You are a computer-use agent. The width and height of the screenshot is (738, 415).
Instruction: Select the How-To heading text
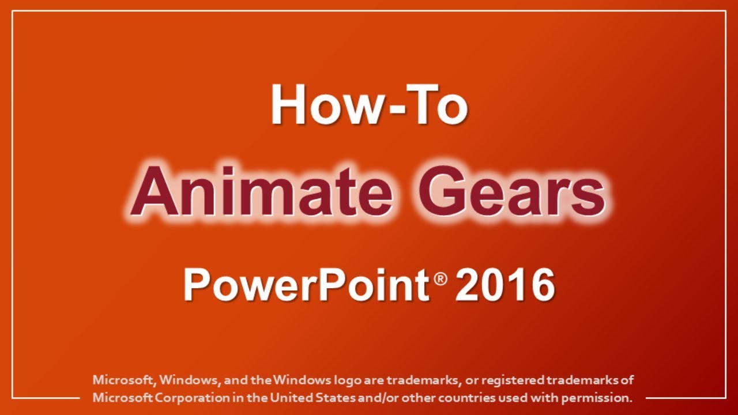tap(369, 104)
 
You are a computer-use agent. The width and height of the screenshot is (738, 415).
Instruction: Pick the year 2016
tap(505, 285)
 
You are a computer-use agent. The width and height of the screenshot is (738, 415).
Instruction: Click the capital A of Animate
tap(152, 191)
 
